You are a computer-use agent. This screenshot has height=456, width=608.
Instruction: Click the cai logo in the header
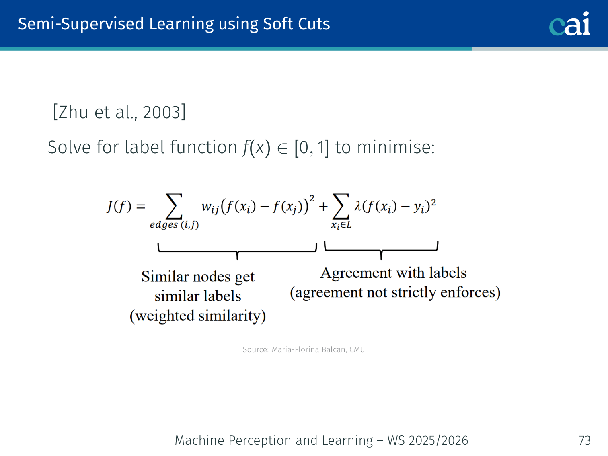point(569,24)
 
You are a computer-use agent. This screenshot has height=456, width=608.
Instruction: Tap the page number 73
point(585,440)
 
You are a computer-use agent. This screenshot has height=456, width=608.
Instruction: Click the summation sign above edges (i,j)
point(174,206)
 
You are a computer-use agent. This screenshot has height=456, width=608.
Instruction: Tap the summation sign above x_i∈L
point(341,206)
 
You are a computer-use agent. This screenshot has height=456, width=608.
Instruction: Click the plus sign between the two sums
point(323,207)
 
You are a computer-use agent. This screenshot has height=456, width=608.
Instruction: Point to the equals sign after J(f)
point(141,206)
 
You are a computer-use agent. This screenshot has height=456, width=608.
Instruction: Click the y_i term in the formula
point(419,207)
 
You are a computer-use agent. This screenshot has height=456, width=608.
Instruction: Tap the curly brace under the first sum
point(237,251)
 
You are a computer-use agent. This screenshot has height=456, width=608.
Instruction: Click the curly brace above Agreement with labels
point(381,250)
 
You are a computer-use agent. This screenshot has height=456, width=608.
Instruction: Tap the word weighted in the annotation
point(165,316)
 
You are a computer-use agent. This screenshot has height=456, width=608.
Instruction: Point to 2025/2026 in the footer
point(438,440)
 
